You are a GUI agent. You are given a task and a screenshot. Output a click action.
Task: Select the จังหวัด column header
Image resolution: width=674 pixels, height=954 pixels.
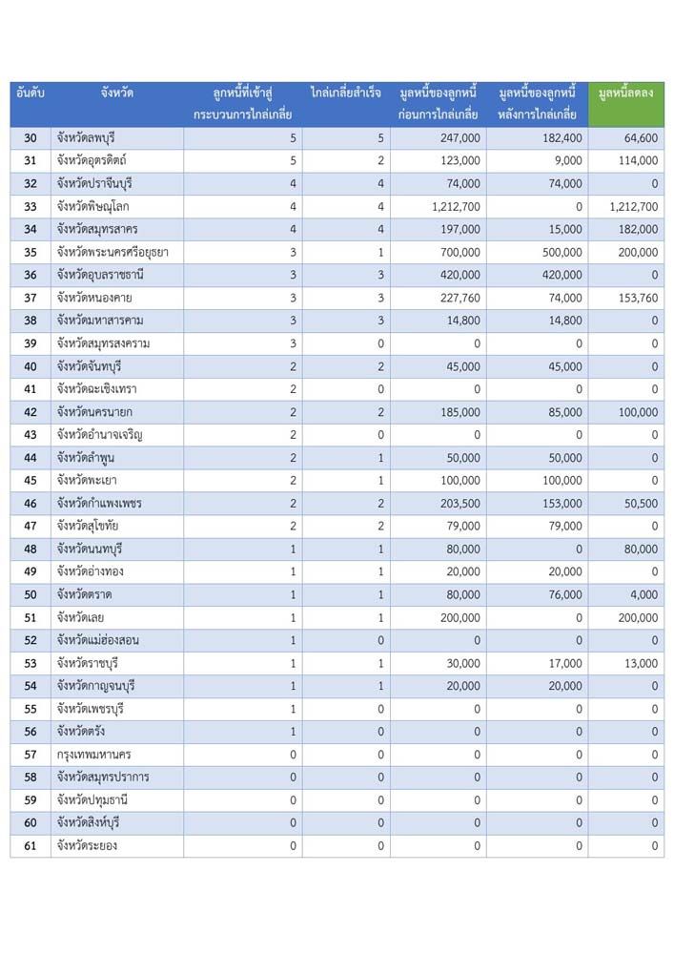point(116,93)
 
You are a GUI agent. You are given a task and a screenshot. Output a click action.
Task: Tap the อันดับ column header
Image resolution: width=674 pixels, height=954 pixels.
point(31,93)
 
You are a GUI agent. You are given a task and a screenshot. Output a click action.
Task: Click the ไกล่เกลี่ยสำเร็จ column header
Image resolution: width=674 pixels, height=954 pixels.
point(346,93)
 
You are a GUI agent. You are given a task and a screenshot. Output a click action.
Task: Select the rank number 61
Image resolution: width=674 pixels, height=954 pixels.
point(31,845)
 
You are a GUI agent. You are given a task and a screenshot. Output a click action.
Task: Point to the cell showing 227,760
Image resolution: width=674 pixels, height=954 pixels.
point(459,298)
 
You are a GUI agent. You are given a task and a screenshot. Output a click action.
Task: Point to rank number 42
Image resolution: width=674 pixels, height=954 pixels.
point(31,412)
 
